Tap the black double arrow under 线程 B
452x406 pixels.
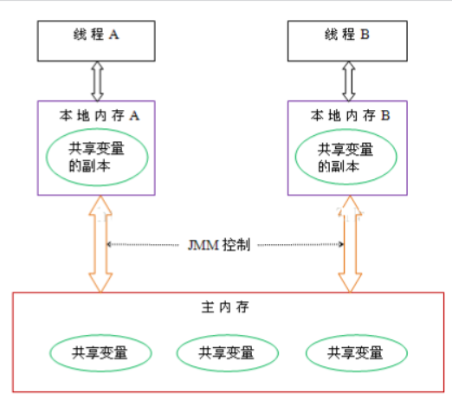point(349,82)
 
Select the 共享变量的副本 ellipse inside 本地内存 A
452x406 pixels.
point(96,154)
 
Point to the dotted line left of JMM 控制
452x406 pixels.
point(147,245)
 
